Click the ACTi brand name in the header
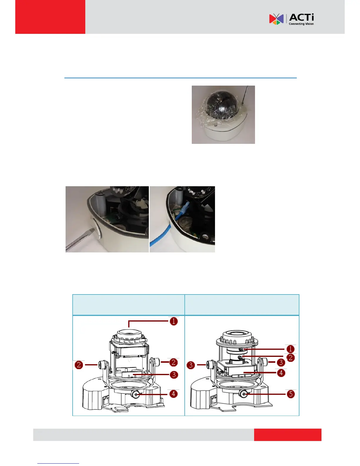tap(301, 17)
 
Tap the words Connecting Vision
tap(301, 24)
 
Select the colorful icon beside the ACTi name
tap(276, 19)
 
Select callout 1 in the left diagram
tap(174, 321)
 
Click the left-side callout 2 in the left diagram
tap(79, 365)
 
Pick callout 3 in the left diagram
tap(174, 375)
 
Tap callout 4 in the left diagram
tap(174, 394)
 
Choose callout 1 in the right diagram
tap(290, 349)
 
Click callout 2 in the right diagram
tap(290, 358)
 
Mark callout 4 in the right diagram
tap(281, 373)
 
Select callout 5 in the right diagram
tap(291, 394)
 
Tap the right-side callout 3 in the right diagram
tap(281, 362)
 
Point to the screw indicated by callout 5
tap(244, 394)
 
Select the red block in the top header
tap(50, 17)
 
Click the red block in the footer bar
tap(288, 435)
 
